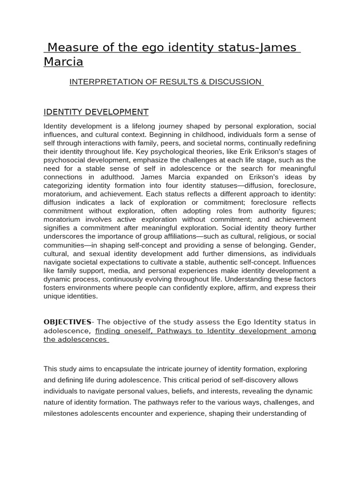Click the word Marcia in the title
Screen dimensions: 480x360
pyautogui.click(x=63, y=62)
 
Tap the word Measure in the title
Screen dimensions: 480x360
pyautogui.click(x=73, y=47)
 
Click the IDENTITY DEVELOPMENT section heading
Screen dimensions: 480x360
pyautogui.click(x=96, y=112)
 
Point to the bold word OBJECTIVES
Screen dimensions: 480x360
pyautogui.click(x=67, y=322)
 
